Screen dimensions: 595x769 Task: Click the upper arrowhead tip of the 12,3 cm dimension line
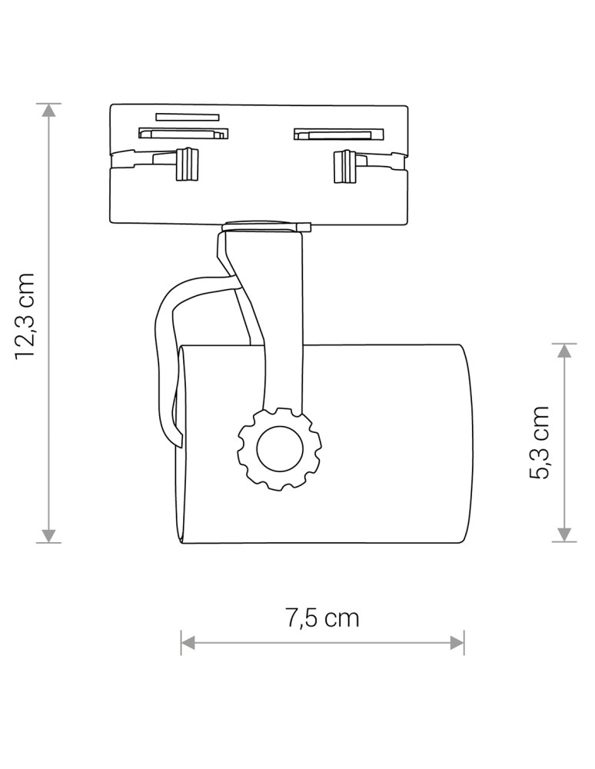click(48, 105)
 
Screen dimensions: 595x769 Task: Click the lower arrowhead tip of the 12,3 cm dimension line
click(48, 542)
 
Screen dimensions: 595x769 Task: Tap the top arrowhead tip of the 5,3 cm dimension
click(564, 345)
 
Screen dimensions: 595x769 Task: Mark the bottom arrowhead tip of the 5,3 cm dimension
click(564, 541)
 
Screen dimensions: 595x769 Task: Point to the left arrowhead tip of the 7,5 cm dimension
click(181, 642)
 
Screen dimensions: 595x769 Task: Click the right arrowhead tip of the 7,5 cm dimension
click(464, 642)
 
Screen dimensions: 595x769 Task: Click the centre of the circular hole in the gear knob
click(279, 448)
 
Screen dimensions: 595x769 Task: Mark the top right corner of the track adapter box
click(407, 105)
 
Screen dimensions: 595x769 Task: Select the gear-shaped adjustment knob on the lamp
click(279, 448)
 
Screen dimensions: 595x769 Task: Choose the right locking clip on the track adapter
click(345, 167)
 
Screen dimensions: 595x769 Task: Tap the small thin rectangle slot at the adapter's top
click(188, 117)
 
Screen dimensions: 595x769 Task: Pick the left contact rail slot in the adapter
click(184, 133)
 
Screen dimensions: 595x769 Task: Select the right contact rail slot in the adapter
click(339, 134)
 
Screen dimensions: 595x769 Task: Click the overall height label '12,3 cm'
click(25, 316)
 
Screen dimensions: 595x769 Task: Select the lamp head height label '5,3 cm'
click(540, 442)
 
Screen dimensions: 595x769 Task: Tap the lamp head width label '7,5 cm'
click(322, 618)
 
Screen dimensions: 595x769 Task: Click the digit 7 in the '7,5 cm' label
click(293, 618)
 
